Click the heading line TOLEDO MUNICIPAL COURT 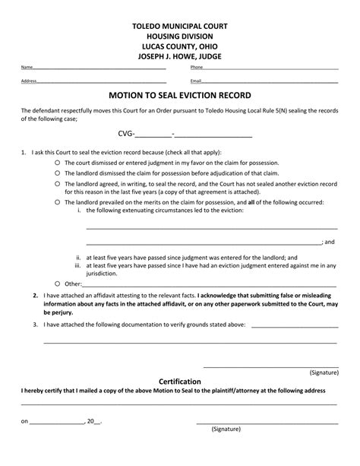click(180, 25)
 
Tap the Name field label click(27, 68)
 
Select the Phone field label click(196, 68)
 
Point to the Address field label click(29, 81)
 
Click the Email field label click(196, 81)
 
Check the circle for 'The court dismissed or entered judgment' click(58, 163)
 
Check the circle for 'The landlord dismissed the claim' click(58, 173)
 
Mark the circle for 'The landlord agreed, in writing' click(58, 183)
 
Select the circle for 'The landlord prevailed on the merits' click(58, 202)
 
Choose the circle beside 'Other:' click(58, 283)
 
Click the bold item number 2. click(36, 295)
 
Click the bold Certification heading click(180, 381)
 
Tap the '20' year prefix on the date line click(91, 420)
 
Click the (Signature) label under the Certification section click(227, 429)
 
